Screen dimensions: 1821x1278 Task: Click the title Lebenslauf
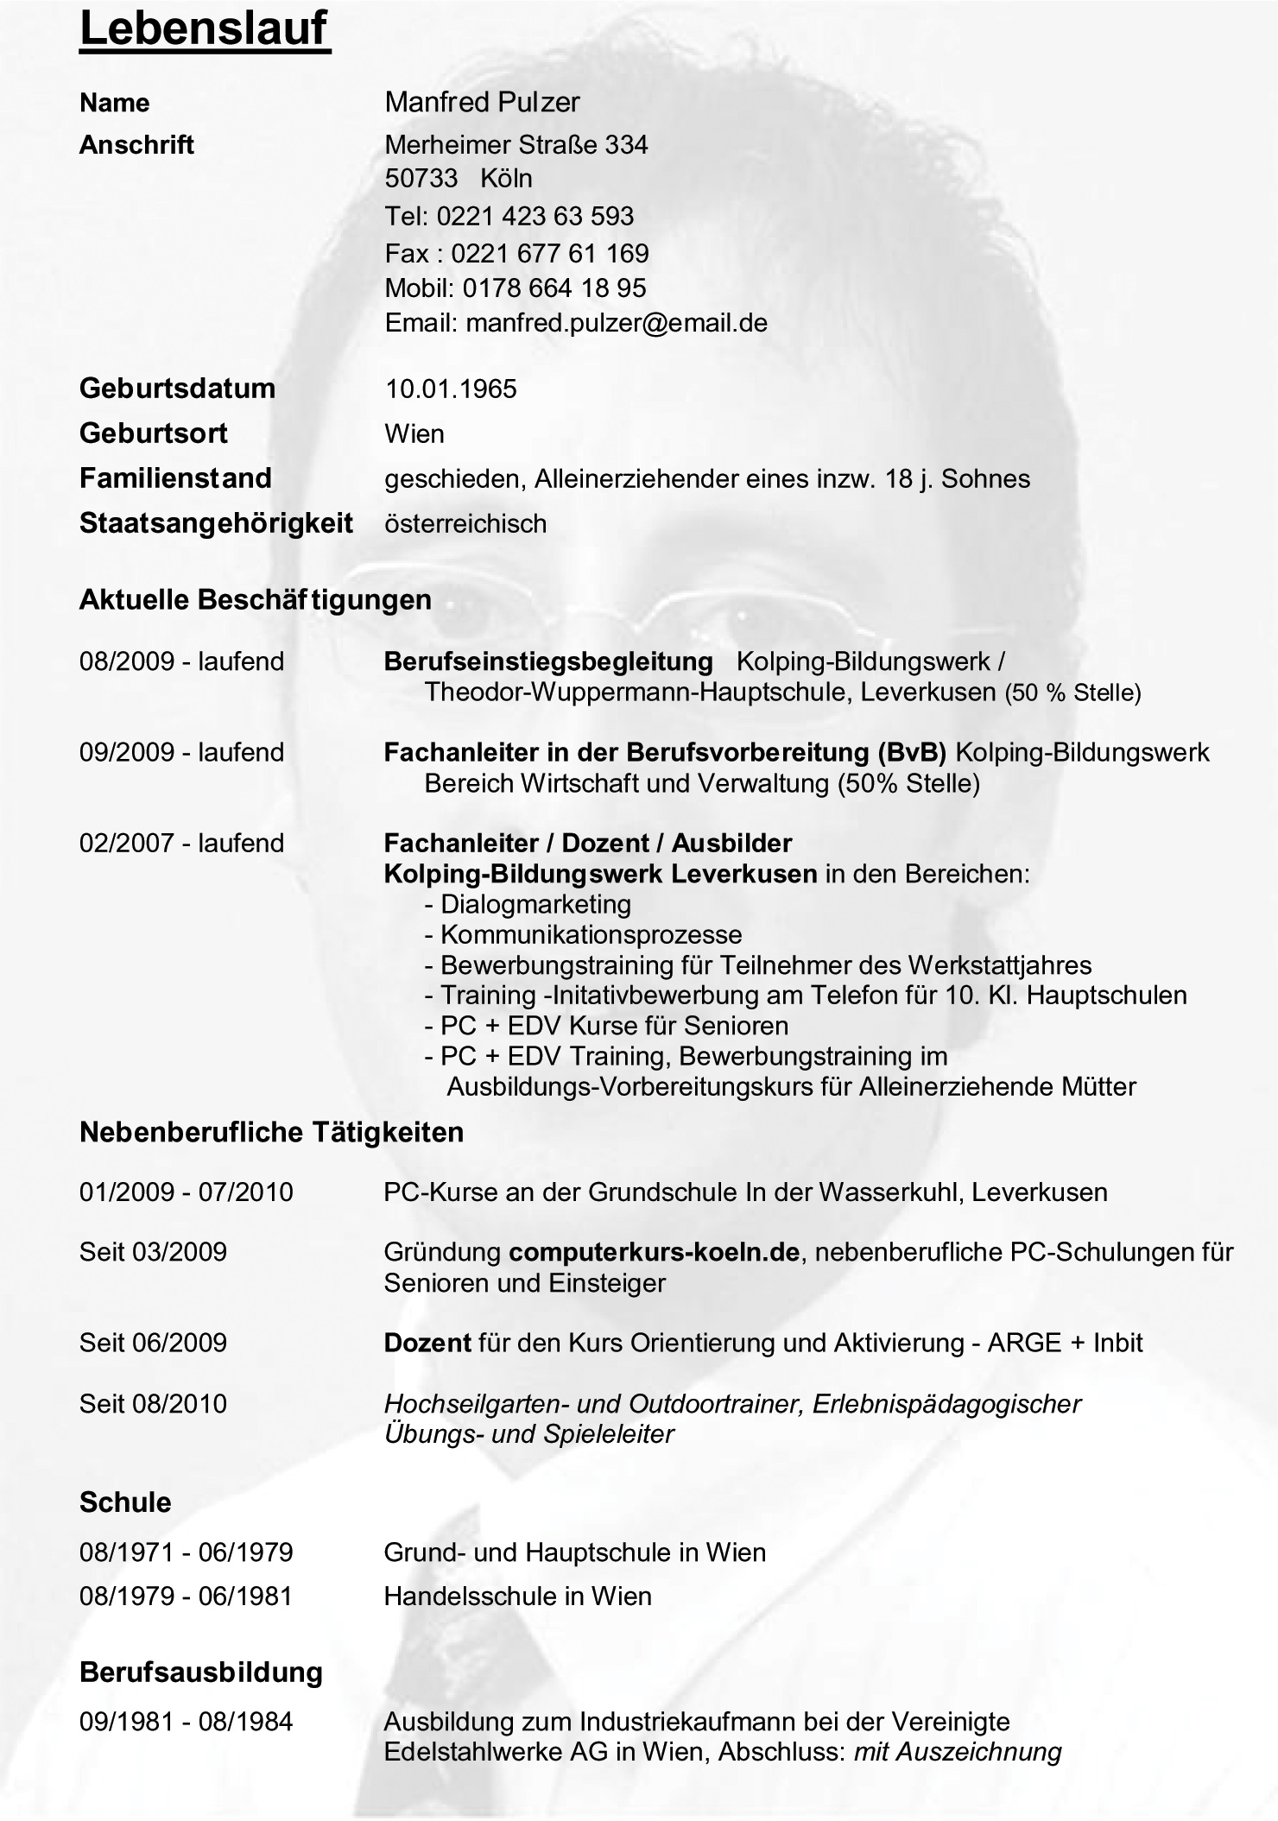(205, 29)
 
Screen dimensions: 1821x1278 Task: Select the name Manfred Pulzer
(482, 102)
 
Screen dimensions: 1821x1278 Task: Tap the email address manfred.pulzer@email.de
(617, 323)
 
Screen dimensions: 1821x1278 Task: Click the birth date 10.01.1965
(451, 389)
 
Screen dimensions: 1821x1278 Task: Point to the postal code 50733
(421, 179)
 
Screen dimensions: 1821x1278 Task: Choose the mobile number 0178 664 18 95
(554, 288)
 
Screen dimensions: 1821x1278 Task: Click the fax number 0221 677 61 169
(550, 253)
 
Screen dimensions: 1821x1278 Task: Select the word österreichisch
(465, 524)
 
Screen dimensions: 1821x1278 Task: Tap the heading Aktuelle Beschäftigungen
(255, 599)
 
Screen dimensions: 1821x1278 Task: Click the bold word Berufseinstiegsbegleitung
(548, 662)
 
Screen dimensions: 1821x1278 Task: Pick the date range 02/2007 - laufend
(181, 843)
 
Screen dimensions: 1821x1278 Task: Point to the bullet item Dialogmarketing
(535, 905)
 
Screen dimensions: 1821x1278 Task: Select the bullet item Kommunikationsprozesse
(591, 935)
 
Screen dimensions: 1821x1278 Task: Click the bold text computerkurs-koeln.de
(655, 1252)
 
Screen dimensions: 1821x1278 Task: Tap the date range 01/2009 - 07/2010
(187, 1192)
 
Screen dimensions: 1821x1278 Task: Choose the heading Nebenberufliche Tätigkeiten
(271, 1132)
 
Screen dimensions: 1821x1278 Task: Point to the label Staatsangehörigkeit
(216, 523)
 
